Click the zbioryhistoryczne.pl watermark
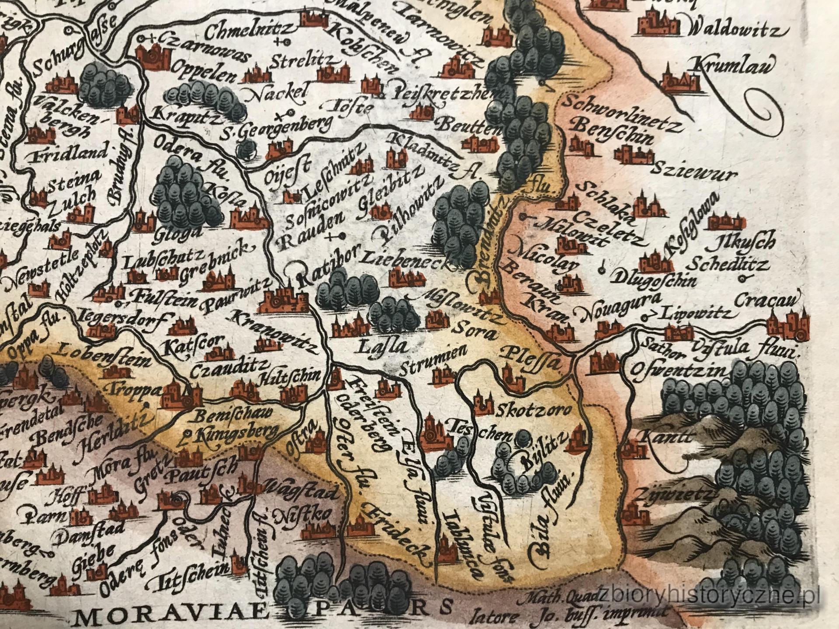(717, 596)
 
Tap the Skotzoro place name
(534, 411)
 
